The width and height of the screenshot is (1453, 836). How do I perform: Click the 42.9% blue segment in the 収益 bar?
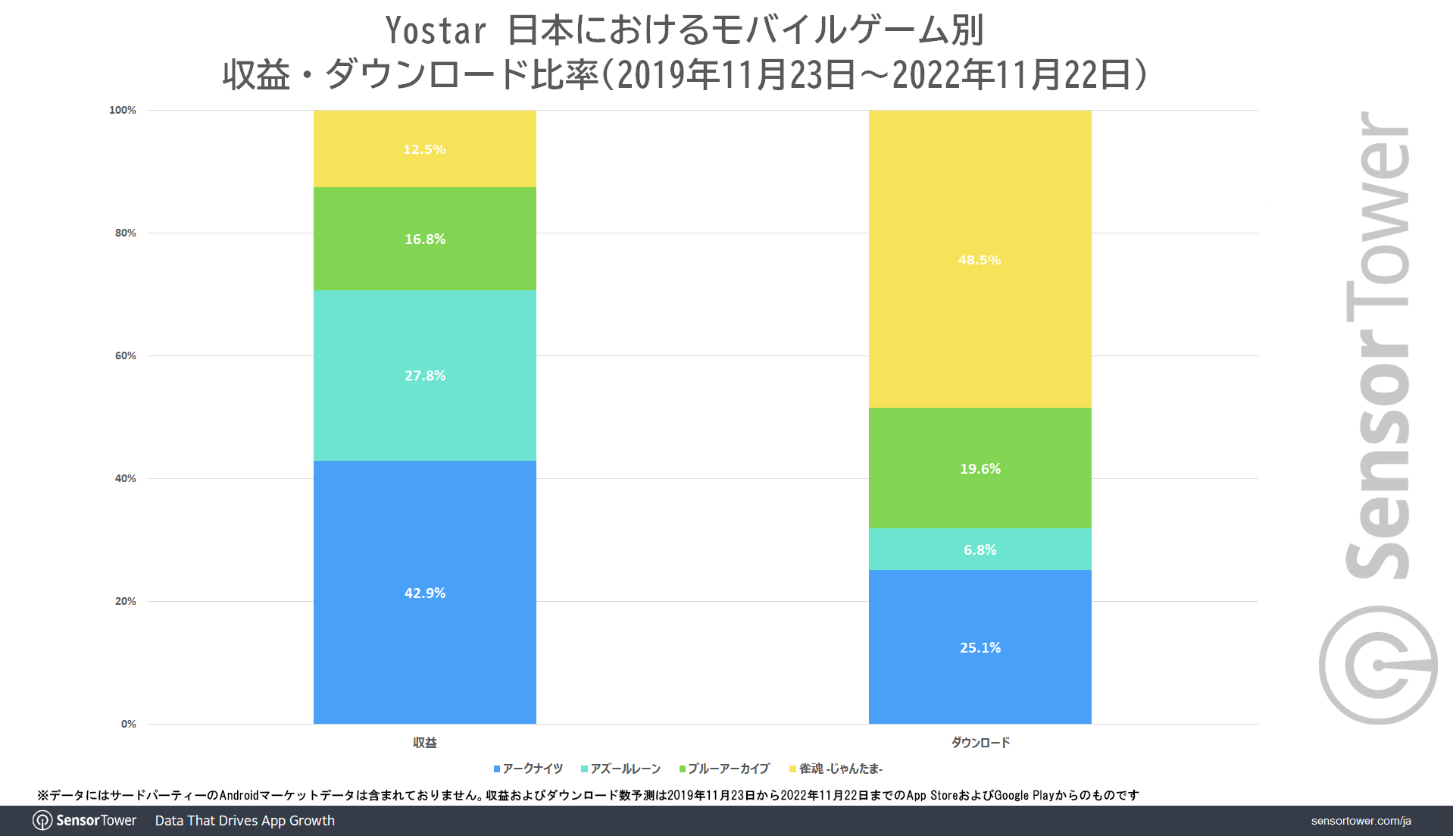pos(424,592)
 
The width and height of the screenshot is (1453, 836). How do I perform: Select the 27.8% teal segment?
pos(424,375)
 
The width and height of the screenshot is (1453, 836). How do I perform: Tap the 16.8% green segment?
pos(424,239)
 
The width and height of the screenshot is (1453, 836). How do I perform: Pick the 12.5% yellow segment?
pos(424,149)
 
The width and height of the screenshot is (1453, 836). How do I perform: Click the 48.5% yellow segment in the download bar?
pos(980,259)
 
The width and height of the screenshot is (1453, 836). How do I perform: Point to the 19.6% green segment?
pos(980,468)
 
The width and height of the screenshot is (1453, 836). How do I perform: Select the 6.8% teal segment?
pos(980,550)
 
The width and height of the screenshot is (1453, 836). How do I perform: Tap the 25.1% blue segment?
pos(980,647)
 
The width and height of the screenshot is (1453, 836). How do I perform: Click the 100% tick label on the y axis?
pos(123,111)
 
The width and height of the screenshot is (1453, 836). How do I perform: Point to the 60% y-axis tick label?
pos(126,356)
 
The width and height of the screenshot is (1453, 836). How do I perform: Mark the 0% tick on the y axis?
pos(129,725)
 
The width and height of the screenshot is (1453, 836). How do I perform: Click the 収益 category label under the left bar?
pos(424,743)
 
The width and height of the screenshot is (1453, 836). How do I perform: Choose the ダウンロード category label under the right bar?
pos(980,743)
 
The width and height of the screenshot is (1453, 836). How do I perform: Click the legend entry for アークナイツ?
pos(529,769)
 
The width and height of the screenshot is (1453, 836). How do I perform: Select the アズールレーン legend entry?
pos(621,769)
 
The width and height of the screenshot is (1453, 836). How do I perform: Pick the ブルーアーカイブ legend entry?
pos(725,769)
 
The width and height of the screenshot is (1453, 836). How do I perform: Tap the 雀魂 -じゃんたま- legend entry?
pos(836,769)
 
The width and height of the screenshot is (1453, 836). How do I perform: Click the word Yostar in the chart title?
pos(436,31)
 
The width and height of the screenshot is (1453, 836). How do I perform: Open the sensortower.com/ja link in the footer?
pos(1361,821)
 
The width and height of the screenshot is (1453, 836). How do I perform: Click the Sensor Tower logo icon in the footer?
pos(42,821)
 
